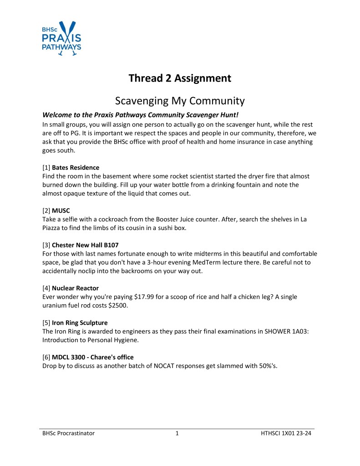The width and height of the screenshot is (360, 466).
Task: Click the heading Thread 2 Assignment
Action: coord(180,78)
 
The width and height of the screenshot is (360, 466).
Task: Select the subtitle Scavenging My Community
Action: coord(180,100)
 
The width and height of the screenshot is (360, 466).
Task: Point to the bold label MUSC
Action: coord(61,211)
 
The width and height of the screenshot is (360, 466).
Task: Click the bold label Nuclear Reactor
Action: coord(75,288)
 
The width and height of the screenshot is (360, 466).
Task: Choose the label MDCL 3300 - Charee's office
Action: coord(92,357)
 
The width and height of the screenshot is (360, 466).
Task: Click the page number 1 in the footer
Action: coord(177,434)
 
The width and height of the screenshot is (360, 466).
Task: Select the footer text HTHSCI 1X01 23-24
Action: coord(283,434)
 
